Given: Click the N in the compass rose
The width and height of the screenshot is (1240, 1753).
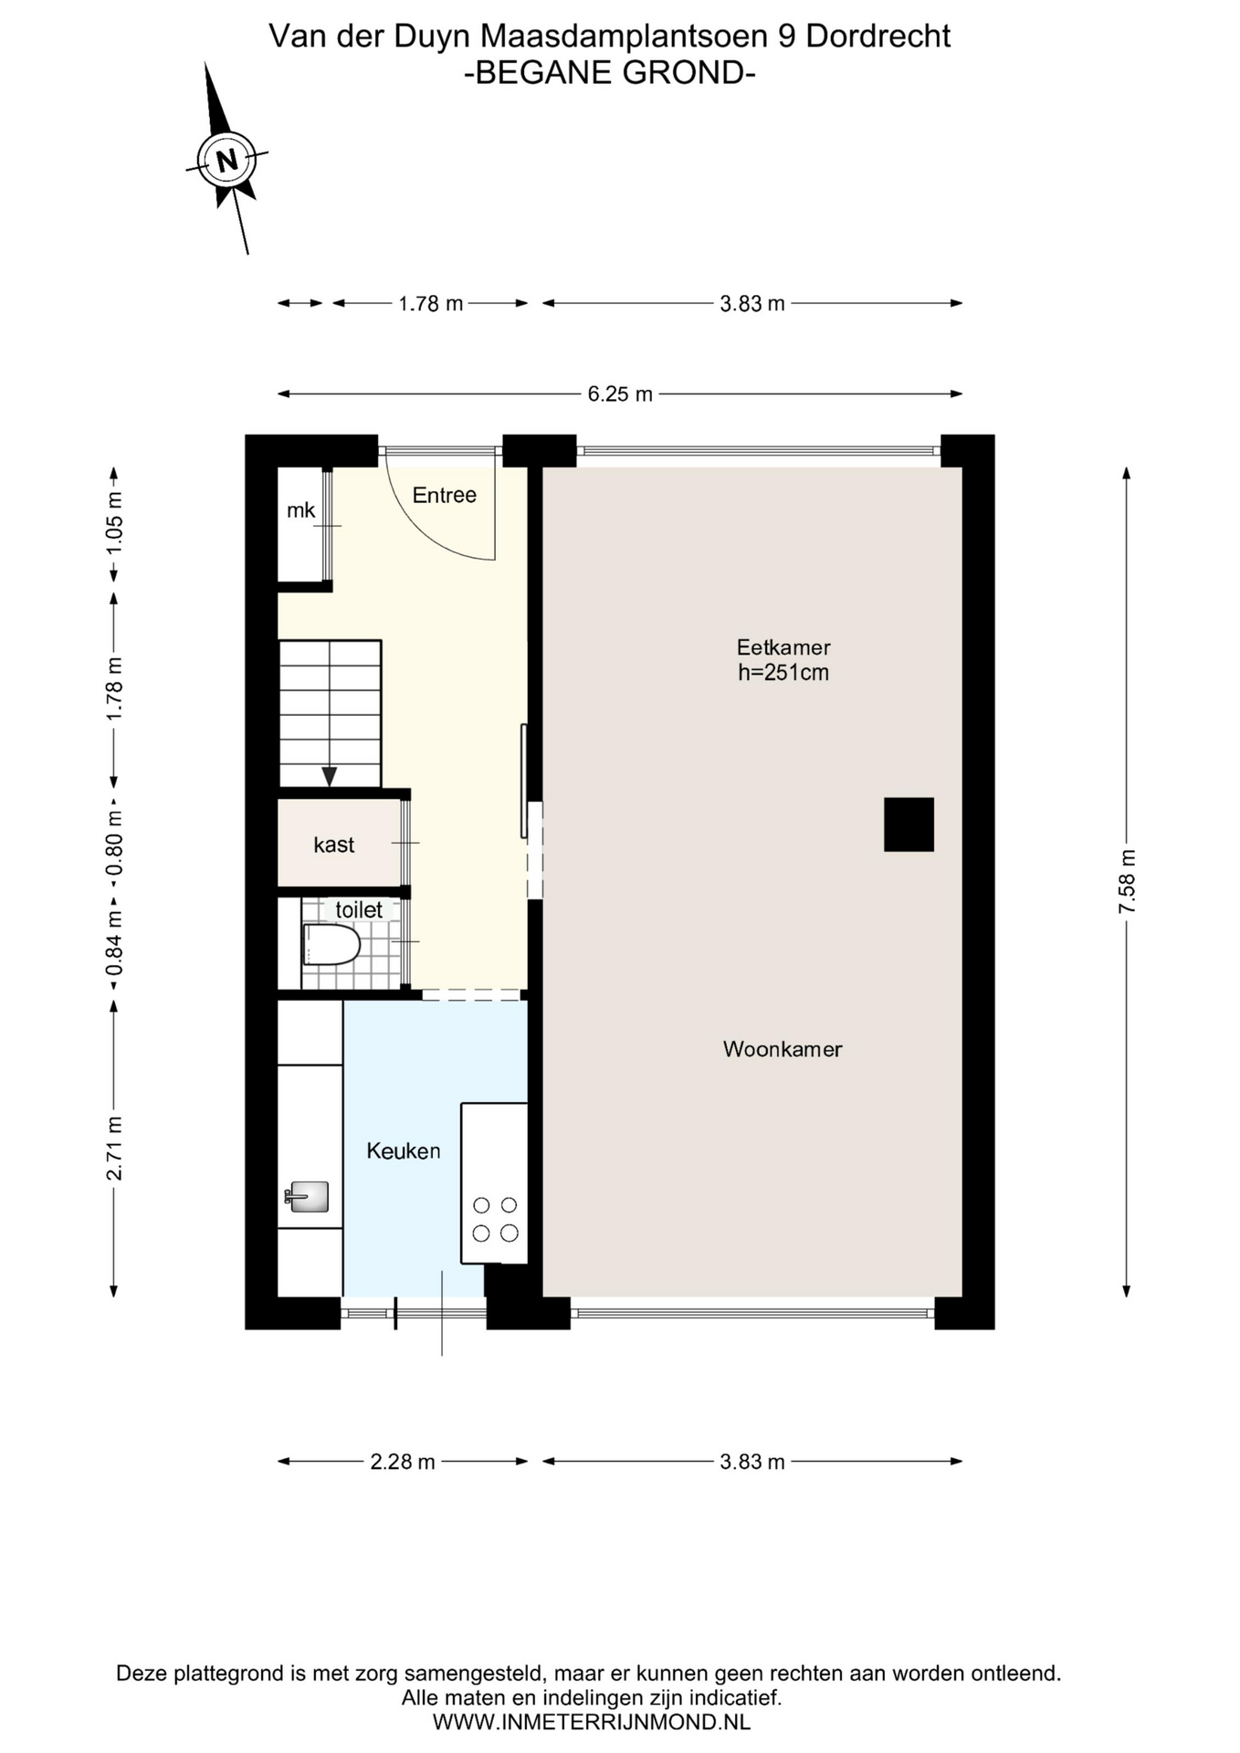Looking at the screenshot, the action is [226, 161].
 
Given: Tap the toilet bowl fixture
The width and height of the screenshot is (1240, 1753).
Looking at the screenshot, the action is [331, 945].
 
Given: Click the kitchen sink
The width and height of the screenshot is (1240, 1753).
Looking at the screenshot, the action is [308, 1196].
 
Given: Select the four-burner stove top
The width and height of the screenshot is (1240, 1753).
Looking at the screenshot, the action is [495, 1219].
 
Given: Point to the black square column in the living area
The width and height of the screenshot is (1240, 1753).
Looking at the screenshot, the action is [909, 824].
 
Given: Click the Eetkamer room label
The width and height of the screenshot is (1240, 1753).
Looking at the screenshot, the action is [783, 647].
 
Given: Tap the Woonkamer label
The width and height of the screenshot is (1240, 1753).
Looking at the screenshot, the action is [783, 1049].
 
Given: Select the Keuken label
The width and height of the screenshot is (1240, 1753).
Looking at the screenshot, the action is [404, 1150].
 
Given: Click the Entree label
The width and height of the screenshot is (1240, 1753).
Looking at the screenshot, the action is [445, 495].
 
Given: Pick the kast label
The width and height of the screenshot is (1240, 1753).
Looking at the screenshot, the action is [334, 845].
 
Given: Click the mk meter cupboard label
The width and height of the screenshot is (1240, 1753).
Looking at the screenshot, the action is [300, 510].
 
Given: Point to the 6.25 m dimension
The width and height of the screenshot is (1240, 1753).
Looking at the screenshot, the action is [620, 394].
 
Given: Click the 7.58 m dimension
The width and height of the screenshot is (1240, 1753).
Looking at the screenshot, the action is [1127, 881].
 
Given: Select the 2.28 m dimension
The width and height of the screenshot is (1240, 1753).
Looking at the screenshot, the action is [403, 1461].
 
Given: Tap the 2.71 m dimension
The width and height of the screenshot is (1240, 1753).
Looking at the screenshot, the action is [114, 1148].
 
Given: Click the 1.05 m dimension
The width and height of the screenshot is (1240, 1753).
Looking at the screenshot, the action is [114, 523].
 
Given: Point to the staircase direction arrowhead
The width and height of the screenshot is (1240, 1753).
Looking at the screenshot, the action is [330, 777].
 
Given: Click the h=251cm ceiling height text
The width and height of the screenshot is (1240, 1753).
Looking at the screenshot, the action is [783, 673].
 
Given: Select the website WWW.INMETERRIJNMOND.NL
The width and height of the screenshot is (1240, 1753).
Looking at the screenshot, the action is [592, 1722].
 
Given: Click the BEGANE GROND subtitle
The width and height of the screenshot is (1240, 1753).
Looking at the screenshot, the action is [610, 72].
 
